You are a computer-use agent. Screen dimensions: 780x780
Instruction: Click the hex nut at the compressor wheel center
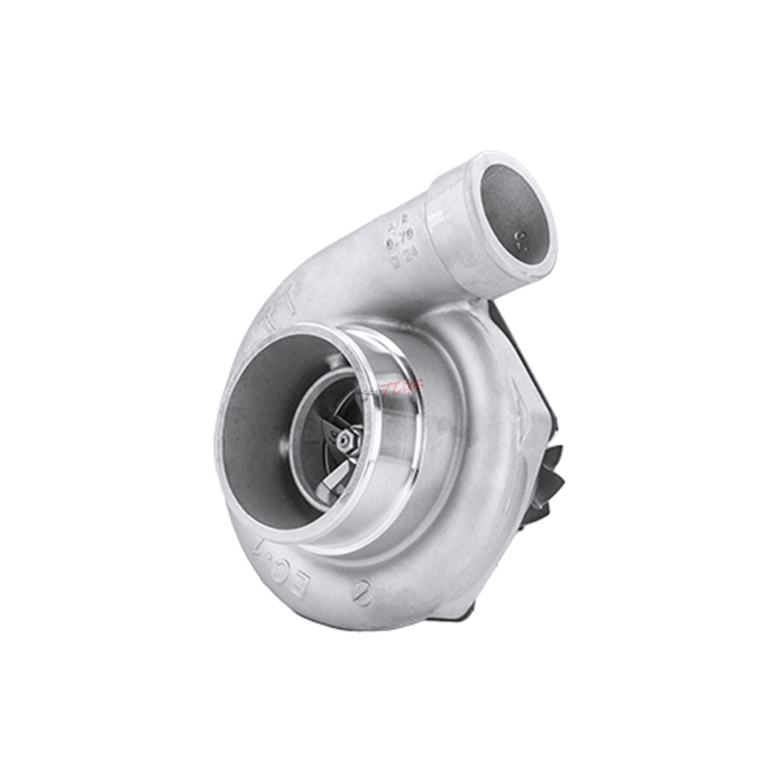click(343, 438)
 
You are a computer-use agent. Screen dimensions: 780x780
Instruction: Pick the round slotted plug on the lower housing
click(362, 595)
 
